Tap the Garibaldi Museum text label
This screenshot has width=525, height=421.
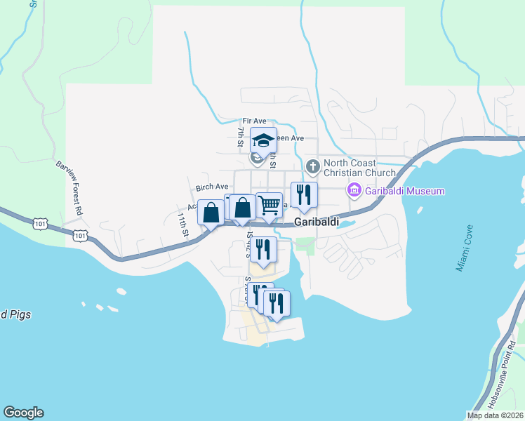pyautogui.click(x=404, y=191)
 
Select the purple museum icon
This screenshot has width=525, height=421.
pyautogui.click(x=354, y=190)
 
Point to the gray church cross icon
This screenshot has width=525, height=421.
pyautogui.click(x=312, y=167)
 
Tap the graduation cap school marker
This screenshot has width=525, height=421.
pyautogui.click(x=264, y=140)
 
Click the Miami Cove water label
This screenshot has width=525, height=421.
pyautogui.click(x=471, y=249)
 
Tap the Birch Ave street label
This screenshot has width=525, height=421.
pyautogui.click(x=212, y=187)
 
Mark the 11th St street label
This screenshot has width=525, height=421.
pyautogui.click(x=183, y=225)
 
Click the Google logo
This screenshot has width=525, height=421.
pyautogui.click(x=23, y=413)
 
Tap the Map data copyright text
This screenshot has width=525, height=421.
pyautogui.click(x=496, y=415)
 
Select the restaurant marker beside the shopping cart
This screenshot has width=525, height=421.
pyautogui.click(x=304, y=195)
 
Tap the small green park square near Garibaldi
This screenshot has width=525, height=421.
pyautogui.click(x=305, y=245)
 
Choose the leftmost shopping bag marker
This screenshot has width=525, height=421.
pyautogui.click(x=211, y=213)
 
